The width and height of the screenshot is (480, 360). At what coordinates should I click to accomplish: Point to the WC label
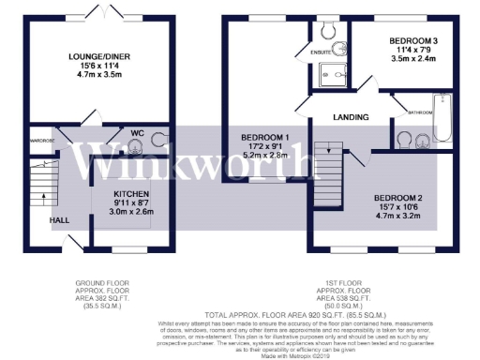136,133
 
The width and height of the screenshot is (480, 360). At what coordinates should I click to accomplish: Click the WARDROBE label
41,141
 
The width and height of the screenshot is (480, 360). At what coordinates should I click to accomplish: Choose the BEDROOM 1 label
264,138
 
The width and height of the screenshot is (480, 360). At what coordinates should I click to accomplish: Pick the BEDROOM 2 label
399,199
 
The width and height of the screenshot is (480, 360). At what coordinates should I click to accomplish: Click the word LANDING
349,117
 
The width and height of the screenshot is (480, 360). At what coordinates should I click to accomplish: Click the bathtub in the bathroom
443,112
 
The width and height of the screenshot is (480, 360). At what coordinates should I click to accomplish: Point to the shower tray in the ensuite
329,71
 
